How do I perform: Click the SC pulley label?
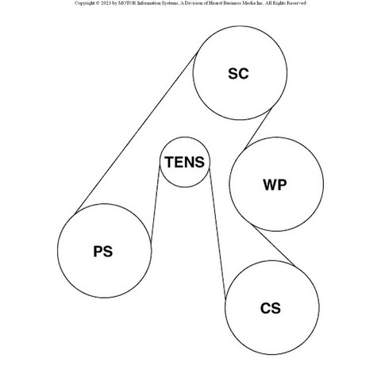(x=238, y=74)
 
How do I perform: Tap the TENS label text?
(x=185, y=162)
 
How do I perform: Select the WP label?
(x=275, y=185)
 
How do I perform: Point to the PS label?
(x=103, y=252)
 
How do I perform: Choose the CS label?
(x=271, y=308)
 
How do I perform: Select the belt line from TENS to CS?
(x=217, y=235)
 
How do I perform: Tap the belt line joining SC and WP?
(x=258, y=129)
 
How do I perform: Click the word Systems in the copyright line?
(x=169, y=3)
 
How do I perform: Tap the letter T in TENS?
(x=169, y=162)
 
